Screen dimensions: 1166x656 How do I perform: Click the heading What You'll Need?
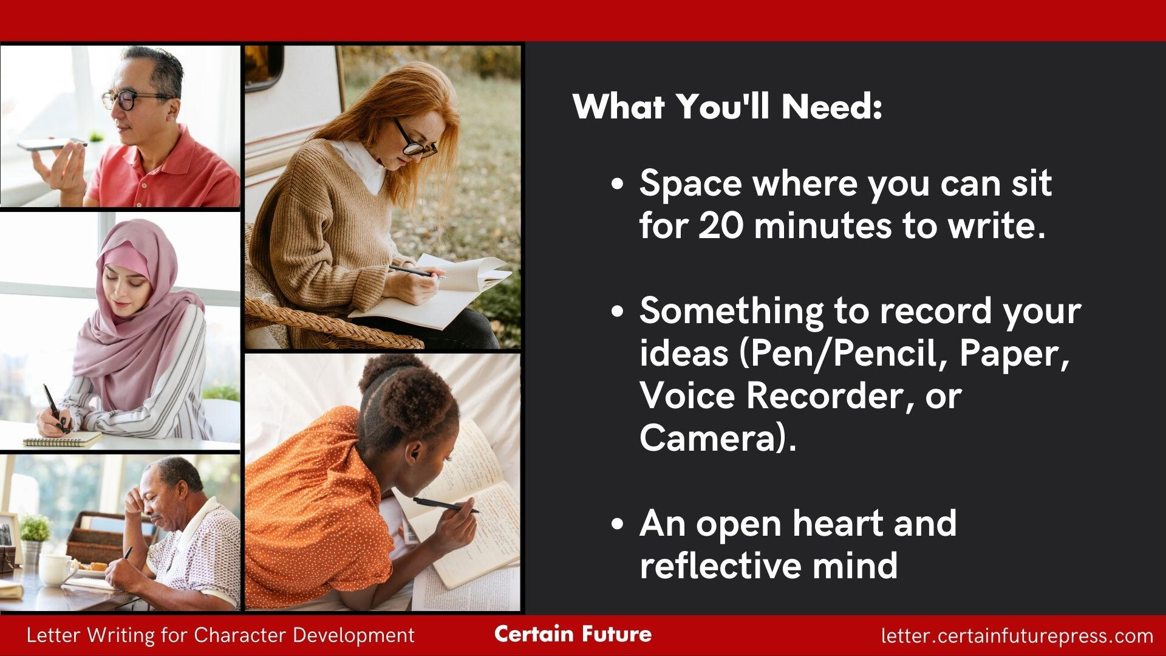(x=727, y=107)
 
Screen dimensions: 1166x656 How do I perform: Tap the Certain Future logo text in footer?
(x=573, y=634)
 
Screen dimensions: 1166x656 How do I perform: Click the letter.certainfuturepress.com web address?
(x=1017, y=636)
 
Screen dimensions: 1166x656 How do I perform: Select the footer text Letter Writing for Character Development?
(x=220, y=635)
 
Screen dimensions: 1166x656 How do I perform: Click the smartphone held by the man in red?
(x=51, y=145)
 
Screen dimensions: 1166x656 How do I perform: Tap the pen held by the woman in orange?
(x=446, y=505)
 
